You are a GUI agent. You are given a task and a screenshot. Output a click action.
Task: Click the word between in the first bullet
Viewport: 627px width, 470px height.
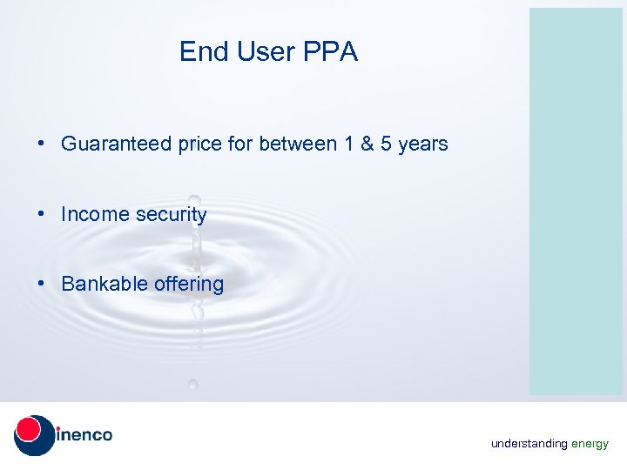pyautogui.click(x=299, y=144)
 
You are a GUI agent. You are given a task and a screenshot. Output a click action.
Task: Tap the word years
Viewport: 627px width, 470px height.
pyautogui.click(x=422, y=144)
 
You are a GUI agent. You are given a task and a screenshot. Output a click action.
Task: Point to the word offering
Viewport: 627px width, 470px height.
pyautogui.click(x=189, y=285)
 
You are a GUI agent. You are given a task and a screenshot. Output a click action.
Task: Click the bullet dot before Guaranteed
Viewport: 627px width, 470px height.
pyautogui.click(x=42, y=144)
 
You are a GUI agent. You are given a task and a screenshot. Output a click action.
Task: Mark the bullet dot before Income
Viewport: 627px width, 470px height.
pyautogui.click(x=42, y=214)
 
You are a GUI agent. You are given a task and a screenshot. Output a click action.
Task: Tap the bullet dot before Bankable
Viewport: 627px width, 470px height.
pyautogui.click(x=42, y=284)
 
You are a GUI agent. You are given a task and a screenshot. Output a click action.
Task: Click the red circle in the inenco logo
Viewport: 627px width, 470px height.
pyautogui.click(x=29, y=428)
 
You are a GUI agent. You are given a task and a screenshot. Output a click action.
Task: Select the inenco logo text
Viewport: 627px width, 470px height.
pyautogui.click(x=85, y=434)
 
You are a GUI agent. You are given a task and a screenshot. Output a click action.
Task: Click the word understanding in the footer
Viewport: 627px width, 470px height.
pyautogui.click(x=529, y=444)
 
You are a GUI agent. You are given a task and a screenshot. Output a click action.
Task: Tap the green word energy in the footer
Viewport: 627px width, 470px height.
pyautogui.click(x=590, y=444)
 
